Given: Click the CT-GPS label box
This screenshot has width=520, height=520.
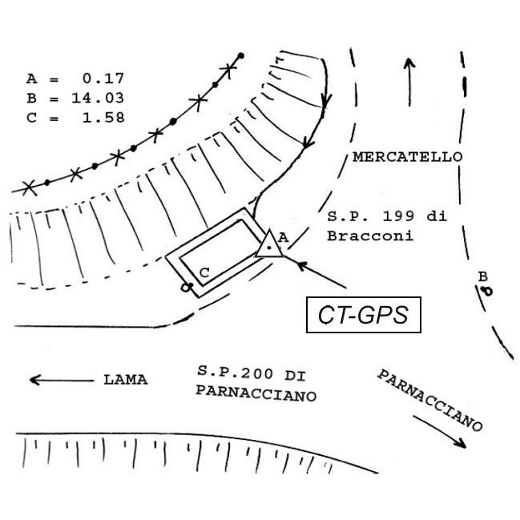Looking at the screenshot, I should coord(365,315).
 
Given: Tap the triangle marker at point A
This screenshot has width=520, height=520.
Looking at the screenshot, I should coord(269,244).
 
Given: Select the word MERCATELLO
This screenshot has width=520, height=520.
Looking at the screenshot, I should coord(407,156).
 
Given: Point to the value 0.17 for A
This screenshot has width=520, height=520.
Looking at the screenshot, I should coord(103,79).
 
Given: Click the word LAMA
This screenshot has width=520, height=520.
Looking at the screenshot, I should coord(125,380).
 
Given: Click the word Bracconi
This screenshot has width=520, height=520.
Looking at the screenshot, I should coord(369,236).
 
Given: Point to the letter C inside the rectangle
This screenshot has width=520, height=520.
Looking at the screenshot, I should coord(204,273).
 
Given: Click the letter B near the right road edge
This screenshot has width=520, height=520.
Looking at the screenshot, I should coord(482,277).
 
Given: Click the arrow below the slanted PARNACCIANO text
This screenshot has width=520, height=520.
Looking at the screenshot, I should coord(441,431).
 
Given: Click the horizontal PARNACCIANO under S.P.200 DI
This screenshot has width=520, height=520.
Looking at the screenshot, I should coord(255,396).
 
